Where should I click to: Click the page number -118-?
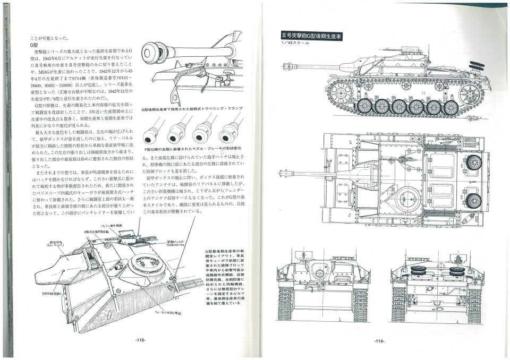pos(140,340)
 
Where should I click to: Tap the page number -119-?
pos(379,341)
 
